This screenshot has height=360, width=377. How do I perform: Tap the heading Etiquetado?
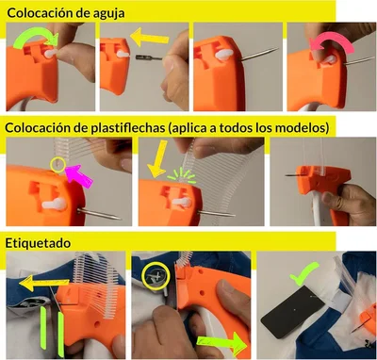38,242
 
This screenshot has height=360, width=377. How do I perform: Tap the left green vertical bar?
43,335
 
